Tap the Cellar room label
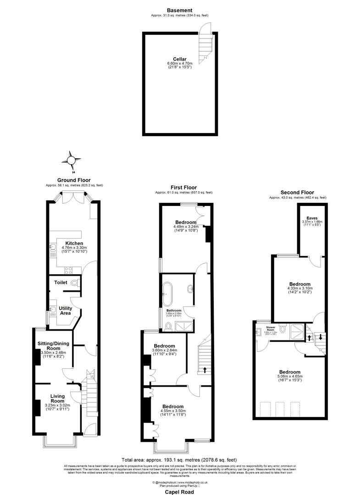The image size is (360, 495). [179, 59]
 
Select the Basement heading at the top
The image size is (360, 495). [179, 10]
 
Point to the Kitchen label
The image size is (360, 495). [74, 243]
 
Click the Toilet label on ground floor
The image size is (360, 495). [61, 283]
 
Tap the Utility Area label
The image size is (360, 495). [65, 311]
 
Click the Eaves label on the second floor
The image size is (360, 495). [312, 218]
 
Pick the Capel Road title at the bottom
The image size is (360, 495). [179, 491]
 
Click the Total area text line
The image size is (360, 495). [179, 460]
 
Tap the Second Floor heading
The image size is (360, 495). [297, 192]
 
